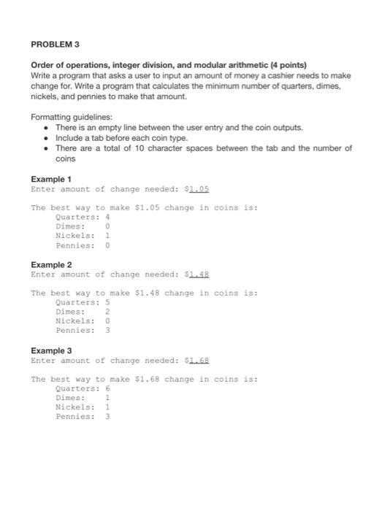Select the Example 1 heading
pos(51,179)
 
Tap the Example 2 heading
pos(51,265)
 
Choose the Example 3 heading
pos(51,351)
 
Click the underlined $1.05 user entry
pos(199,188)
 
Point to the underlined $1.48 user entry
pos(199,274)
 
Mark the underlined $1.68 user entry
pos(199,361)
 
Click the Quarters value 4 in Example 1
pos(107,217)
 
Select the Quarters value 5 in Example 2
pos(107,303)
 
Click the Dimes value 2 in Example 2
pos(107,312)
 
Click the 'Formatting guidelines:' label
pos(72,117)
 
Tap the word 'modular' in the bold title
pos(207,65)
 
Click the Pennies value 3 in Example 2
pos(107,331)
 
